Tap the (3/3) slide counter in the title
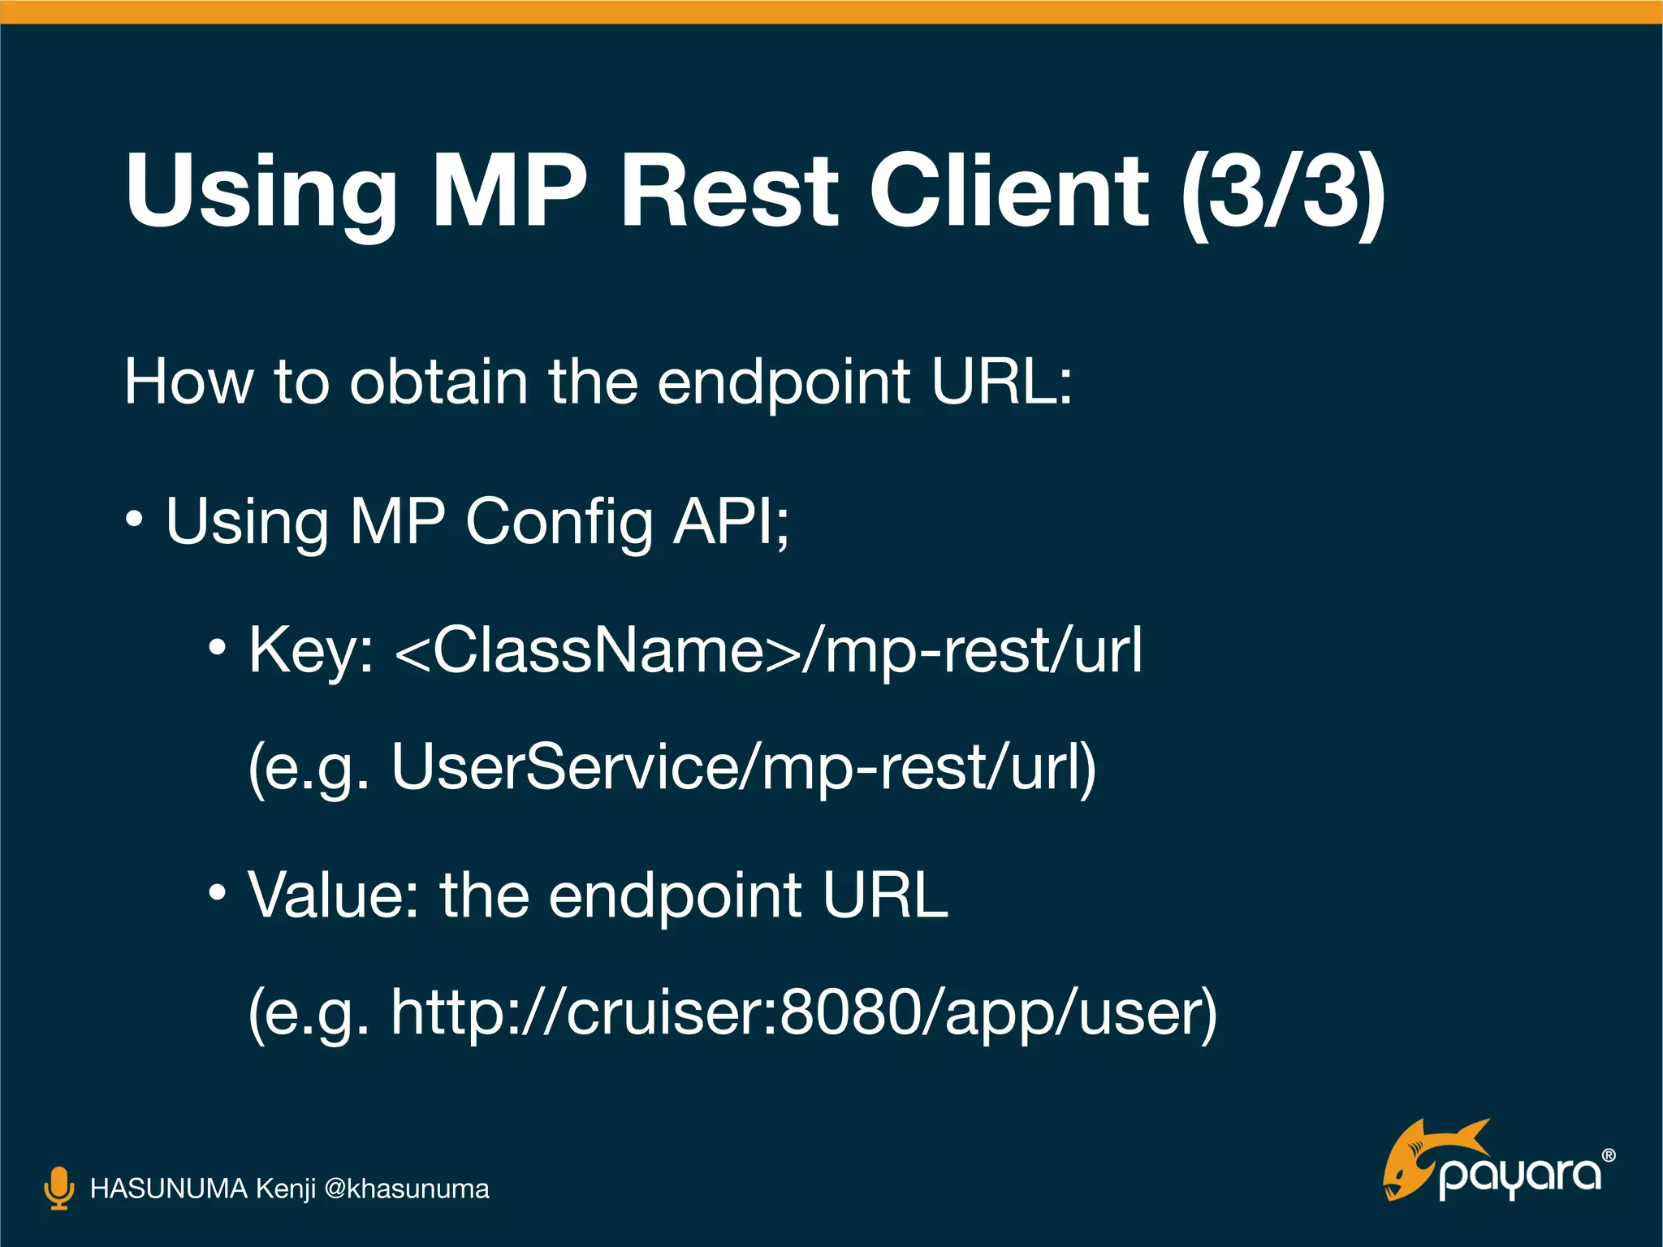coord(1283,193)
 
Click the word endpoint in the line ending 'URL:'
coord(784,383)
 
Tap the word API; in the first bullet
coord(731,522)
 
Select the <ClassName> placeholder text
coord(597,651)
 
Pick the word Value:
coord(333,895)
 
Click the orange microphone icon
coord(58,1188)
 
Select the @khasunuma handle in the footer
coord(406,1189)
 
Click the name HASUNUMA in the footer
coord(168,1189)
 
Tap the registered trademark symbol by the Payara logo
coord(1608,1155)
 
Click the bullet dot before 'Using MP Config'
coord(135,520)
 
